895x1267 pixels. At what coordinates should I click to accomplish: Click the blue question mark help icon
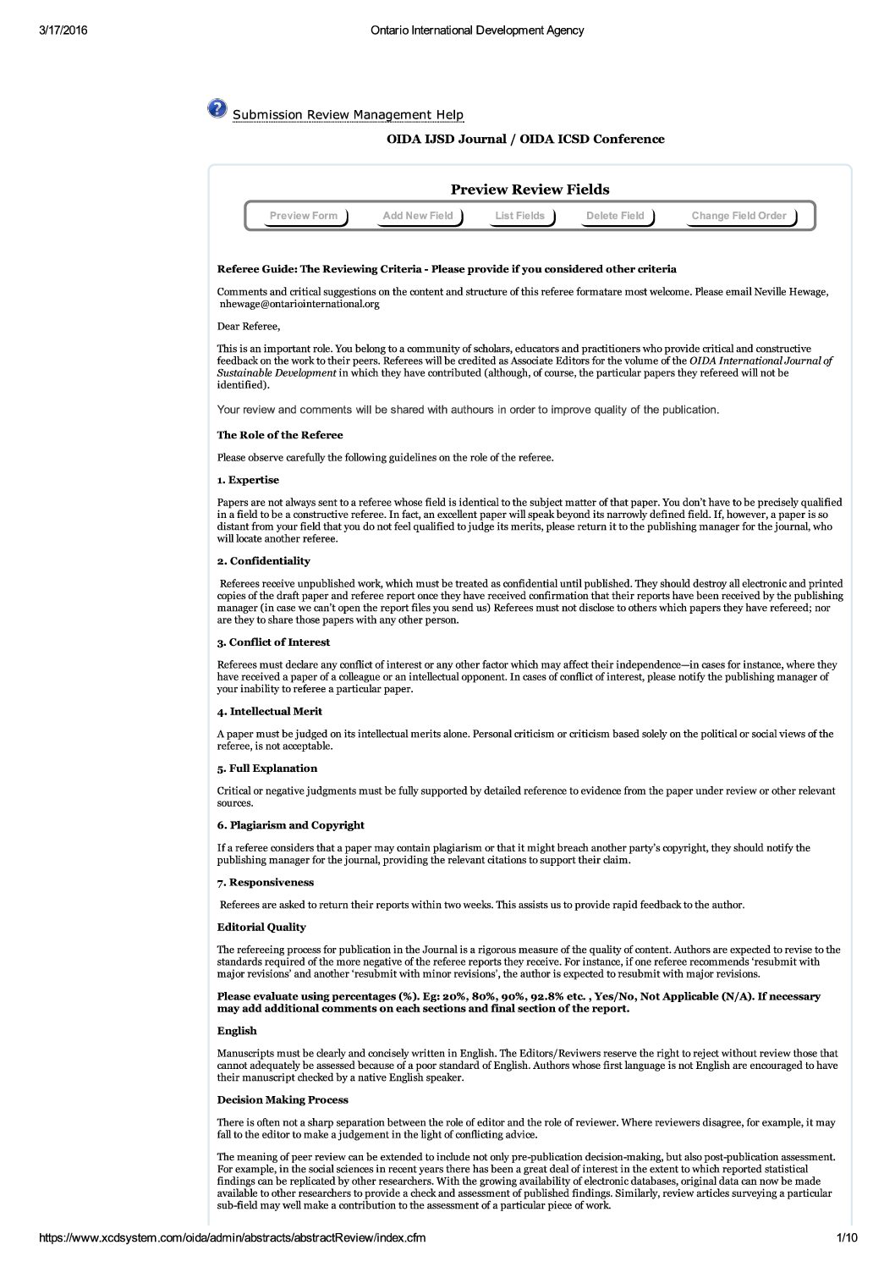click(217, 108)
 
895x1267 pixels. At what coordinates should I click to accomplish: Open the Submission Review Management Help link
click(348, 115)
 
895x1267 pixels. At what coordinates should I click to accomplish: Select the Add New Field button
click(418, 216)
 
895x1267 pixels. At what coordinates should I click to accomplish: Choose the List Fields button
click(520, 216)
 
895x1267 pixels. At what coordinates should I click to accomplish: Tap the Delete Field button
click(615, 216)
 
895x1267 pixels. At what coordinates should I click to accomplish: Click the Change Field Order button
click(739, 216)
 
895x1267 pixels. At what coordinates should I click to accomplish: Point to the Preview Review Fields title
click(530, 190)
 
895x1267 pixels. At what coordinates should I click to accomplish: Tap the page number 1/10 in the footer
click(846, 1238)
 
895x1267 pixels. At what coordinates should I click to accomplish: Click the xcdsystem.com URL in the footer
click(233, 1238)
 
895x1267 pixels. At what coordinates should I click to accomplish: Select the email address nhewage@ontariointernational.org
click(299, 304)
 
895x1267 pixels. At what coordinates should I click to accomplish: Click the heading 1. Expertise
click(248, 480)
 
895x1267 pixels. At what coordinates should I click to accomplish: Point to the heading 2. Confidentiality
click(263, 561)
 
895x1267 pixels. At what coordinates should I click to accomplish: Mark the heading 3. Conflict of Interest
click(273, 642)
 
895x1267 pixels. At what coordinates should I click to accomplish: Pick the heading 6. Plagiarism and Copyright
click(290, 825)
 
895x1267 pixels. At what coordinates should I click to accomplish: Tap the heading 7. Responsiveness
click(266, 882)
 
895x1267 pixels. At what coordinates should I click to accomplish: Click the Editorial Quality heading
click(261, 927)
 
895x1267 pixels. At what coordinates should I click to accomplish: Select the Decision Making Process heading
click(283, 1099)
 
